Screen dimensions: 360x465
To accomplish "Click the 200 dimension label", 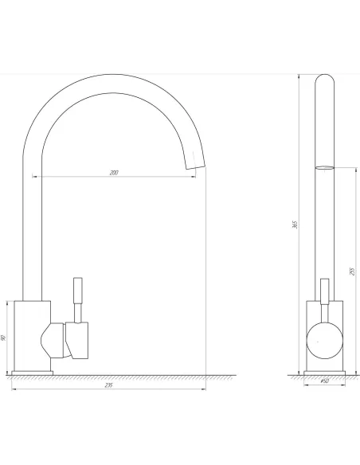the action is (114, 173).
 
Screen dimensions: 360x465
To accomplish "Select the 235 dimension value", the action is (109, 385).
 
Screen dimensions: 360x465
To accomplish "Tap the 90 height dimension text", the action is (3, 338).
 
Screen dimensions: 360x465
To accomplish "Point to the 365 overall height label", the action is (295, 225).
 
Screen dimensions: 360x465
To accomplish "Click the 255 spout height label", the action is (352, 272).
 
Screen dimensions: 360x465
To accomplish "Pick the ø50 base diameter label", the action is (325, 381).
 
